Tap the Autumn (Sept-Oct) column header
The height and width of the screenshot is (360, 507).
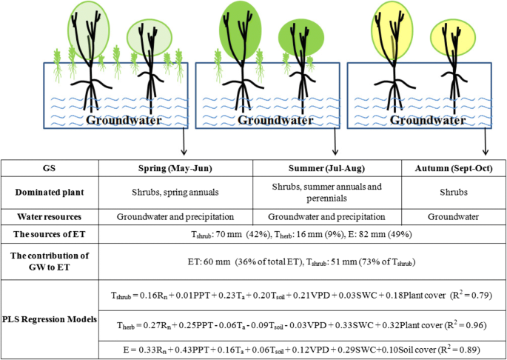coord(452,167)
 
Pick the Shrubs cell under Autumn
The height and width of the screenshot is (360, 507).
coord(452,193)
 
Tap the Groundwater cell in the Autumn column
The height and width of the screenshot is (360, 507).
coord(452,217)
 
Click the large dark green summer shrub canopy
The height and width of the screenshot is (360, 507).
coord(239,33)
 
